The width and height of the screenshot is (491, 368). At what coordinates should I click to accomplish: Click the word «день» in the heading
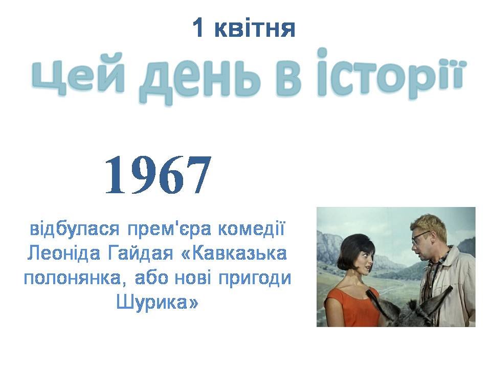[201, 78]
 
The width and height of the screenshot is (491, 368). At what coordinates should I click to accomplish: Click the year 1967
[158, 175]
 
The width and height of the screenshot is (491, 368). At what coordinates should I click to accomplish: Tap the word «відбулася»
[75, 229]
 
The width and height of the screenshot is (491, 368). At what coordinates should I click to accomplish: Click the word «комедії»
[251, 229]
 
